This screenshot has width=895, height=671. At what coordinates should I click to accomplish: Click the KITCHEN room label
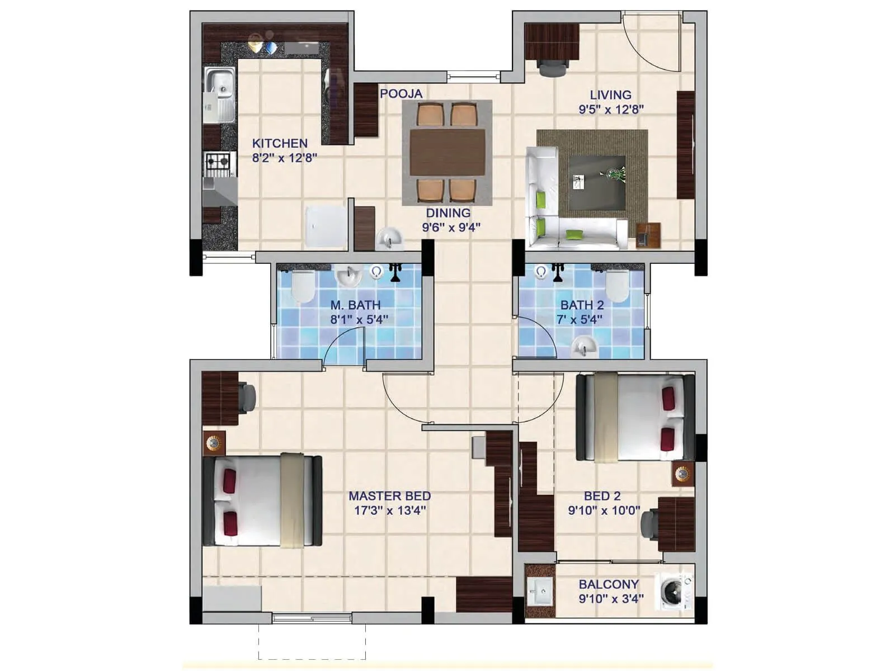(280, 143)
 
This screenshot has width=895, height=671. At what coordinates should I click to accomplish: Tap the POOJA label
(401, 94)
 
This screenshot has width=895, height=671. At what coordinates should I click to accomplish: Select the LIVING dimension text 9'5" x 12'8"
(611, 110)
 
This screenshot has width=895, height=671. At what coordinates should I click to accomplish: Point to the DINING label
(448, 213)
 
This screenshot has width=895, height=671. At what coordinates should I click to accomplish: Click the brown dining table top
(447, 152)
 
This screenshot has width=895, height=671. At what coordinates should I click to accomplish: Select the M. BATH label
(355, 305)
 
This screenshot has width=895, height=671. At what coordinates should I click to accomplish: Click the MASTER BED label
(389, 496)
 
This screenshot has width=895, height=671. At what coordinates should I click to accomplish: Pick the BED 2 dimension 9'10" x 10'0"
(604, 511)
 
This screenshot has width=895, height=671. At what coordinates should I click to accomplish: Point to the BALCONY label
(608, 584)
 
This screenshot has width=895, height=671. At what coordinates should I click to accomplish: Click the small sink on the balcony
(540, 591)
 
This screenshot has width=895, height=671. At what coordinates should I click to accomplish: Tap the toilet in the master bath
(304, 286)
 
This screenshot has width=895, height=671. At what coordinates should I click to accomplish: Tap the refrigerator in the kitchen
(325, 226)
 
